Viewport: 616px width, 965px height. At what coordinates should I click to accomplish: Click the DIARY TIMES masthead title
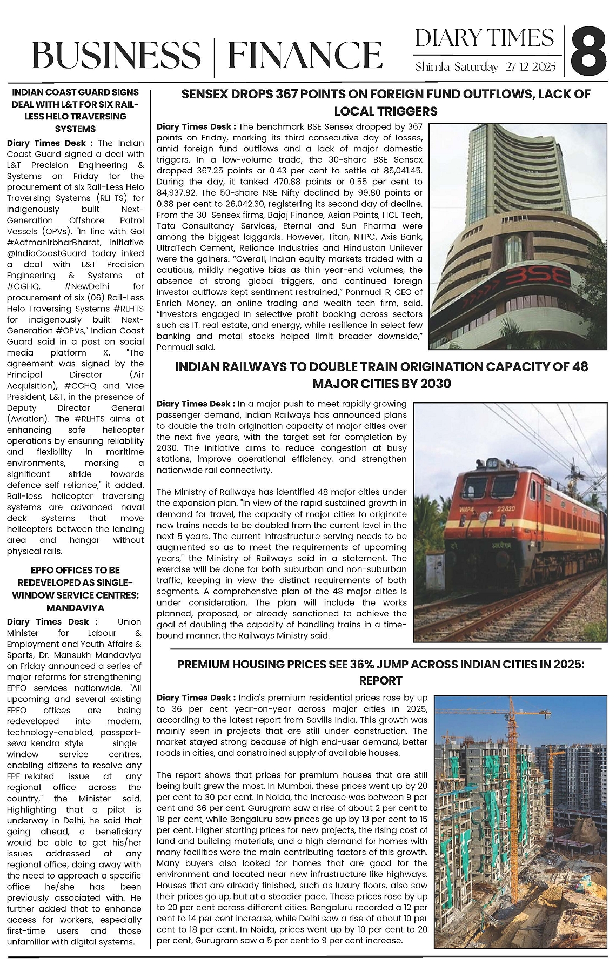[484, 38]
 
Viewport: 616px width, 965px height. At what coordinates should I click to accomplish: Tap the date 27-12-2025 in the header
[531, 68]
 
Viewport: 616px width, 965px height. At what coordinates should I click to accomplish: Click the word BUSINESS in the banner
[116, 55]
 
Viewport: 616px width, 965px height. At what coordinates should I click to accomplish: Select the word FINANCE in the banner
[305, 55]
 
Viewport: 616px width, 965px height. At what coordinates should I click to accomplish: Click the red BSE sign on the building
[535, 278]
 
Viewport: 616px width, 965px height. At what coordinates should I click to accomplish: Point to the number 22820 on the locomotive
[506, 492]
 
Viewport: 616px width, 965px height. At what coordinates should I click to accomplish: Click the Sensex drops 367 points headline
[385, 103]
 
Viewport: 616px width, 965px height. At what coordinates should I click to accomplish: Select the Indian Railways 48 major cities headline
[381, 375]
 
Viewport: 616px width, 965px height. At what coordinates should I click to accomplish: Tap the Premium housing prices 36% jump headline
[380, 672]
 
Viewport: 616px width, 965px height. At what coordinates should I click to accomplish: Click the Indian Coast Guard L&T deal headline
[76, 110]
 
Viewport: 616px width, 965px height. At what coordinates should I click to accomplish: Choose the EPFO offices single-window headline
[75, 588]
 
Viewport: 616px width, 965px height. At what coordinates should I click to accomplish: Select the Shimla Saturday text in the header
[457, 68]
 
